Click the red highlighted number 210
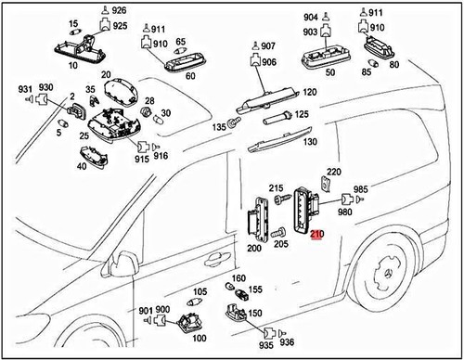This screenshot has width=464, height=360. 318,236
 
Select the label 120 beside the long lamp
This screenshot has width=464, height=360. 309,93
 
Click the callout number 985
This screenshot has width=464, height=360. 360,187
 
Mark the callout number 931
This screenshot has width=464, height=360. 25,88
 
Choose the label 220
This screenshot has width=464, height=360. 334,172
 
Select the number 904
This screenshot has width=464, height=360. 309,17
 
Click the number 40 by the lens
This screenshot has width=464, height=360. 83,166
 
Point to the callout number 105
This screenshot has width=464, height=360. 200,291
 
